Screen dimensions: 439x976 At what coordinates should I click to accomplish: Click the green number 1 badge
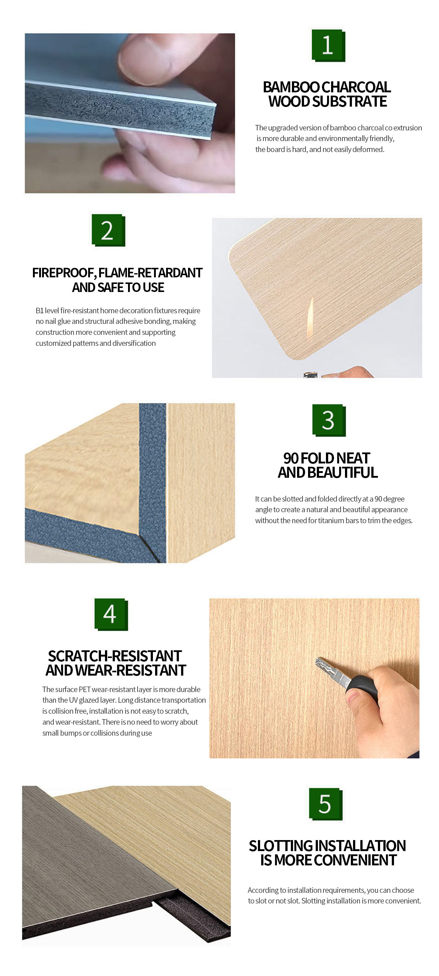(x=328, y=45)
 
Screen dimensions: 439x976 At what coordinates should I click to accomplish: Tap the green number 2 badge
(x=108, y=230)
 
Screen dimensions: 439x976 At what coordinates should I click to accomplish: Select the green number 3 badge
(x=329, y=420)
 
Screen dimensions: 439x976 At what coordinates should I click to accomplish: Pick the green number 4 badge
(x=111, y=614)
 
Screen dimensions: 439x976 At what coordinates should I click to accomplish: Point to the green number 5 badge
(x=326, y=804)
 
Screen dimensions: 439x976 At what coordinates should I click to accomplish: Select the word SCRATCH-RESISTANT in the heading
(x=115, y=656)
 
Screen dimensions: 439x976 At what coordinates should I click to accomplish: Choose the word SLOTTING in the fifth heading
(x=281, y=846)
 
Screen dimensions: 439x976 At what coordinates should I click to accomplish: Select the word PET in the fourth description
(x=85, y=689)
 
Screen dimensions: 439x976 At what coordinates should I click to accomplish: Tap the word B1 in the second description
(x=40, y=311)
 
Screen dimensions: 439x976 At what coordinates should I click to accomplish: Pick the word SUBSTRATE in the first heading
(x=349, y=101)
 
